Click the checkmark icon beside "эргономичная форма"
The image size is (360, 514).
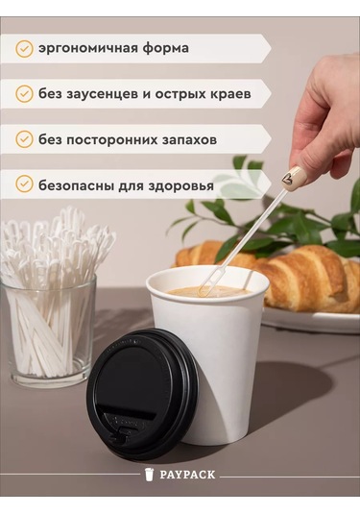[24, 48]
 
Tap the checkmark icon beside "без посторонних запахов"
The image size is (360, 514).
[24, 139]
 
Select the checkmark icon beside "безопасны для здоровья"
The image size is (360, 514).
[24, 184]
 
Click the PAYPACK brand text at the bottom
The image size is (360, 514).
[187, 475]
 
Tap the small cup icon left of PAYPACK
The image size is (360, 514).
[150, 475]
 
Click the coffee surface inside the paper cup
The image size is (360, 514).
[206, 289]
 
